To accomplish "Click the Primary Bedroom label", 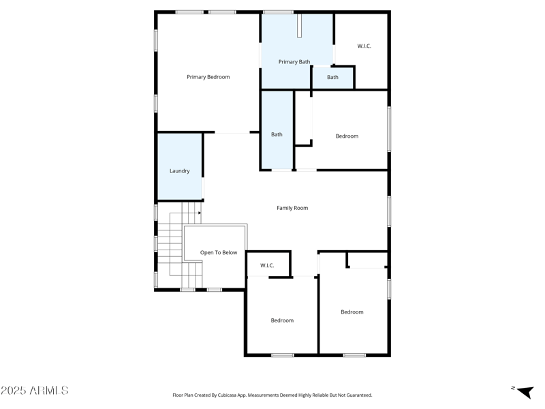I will click(208, 77).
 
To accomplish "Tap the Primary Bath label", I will click(294, 62).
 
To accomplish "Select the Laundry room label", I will click(179, 171).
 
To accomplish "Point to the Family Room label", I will click(292, 208).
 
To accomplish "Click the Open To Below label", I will click(219, 253).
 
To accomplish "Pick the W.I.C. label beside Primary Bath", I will click(364, 46).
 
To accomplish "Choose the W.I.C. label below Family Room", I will click(267, 265).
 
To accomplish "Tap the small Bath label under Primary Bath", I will click(332, 78).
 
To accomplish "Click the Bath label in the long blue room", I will click(277, 135).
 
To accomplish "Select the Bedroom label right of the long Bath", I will click(347, 136).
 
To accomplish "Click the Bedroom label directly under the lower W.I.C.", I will click(282, 320).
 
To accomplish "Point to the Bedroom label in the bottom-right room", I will click(352, 312).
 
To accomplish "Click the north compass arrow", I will click(524, 391).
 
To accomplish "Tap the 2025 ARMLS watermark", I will click(35, 391).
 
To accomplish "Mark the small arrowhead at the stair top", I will click(199, 213).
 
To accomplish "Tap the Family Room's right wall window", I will click(389, 211).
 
